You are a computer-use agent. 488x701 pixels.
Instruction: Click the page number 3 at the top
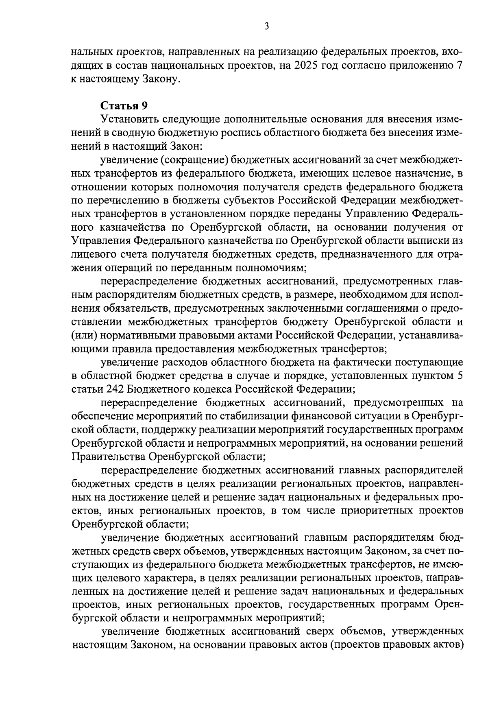pyautogui.click(x=266, y=27)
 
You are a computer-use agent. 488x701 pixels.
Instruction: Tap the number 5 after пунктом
pyautogui.click(x=460, y=376)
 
